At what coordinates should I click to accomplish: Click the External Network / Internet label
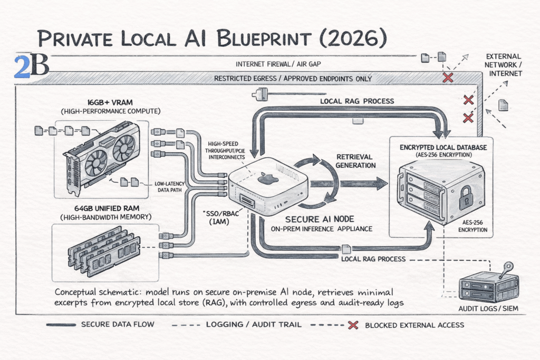pyautogui.click(x=503, y=65)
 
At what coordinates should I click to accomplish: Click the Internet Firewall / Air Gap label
pyautogui.click(x=279, y=65)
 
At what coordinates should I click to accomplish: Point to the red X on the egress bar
pyautogui.click(x=448, y=78)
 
